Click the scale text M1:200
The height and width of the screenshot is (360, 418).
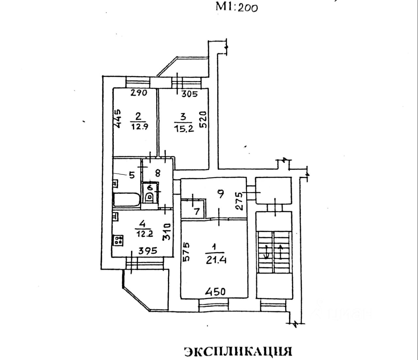(x=236, y=7)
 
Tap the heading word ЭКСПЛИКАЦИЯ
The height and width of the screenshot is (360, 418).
(x=237, y=351)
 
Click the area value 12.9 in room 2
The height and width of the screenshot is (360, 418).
(x=139, y=126)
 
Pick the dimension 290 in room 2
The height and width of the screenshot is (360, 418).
(x=139, y=93)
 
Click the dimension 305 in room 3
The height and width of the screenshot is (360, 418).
(x=189, y=94)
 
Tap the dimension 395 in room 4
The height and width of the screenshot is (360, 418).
(x=147, y=251)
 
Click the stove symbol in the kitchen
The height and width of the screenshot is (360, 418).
(x=118, y=241)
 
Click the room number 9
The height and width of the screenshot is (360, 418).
(x=221, y=194)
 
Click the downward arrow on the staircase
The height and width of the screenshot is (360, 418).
(x=266, y=252)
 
